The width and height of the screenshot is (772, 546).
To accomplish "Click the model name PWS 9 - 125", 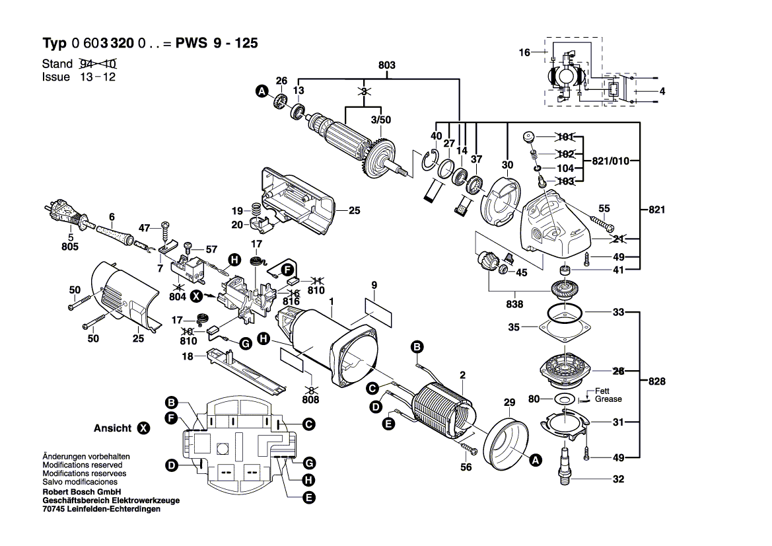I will tap(217, 44).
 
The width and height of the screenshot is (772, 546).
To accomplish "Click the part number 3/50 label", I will tap(380, 120).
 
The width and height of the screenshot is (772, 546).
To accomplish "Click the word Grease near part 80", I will tap(608, 399).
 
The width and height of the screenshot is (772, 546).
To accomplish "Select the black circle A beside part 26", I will tap(262, 93).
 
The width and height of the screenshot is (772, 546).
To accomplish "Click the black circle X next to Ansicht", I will tap(143, 428).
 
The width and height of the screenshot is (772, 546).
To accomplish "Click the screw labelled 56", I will tap(472, 450).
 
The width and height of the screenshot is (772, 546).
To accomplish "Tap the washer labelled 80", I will tap(563, 399).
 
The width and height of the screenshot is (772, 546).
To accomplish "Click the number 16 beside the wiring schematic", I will tap(524, 52).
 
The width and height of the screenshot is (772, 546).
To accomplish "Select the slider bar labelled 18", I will tap(244, 371).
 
